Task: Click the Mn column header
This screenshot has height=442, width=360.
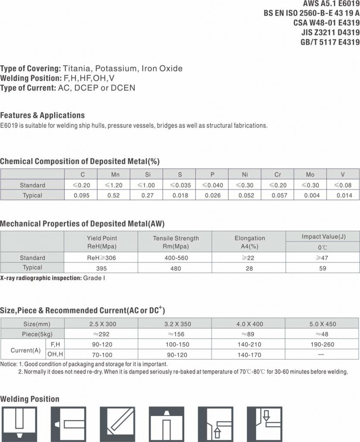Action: click(x=115, y=174)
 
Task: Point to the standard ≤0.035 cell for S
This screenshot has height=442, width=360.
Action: click(x=180, y=185)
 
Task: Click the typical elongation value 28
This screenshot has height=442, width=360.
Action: click(x=249, y=268)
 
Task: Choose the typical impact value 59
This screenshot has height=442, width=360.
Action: click(x=322, y=268)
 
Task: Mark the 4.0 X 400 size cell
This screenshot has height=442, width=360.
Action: click(x=249, y=324)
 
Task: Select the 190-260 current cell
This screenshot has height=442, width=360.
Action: click(x=322, y=344)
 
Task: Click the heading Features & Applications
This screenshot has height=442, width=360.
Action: click(x=42, y=115)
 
